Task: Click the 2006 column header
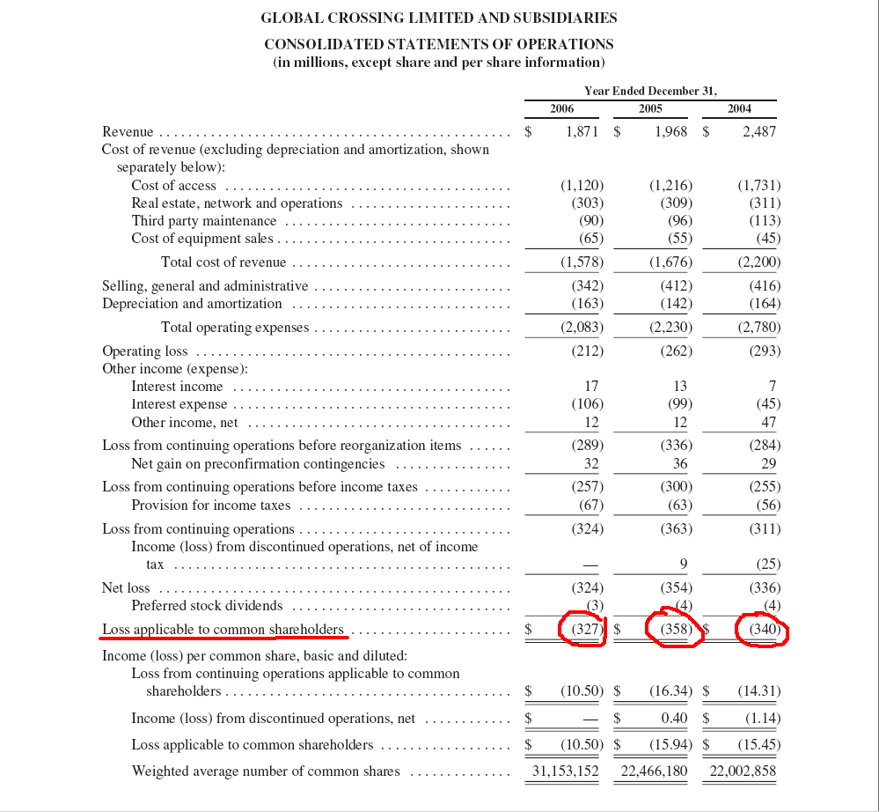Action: [561, 108]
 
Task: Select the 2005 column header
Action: [650, 108]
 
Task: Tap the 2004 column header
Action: [739, 108]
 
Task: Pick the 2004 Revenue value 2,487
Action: [759, 131]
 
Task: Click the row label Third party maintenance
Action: [203, 221]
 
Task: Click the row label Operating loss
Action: [144, 351]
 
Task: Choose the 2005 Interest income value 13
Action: [679, 386]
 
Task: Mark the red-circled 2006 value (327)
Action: [585, 630]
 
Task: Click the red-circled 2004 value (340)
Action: [762, 630]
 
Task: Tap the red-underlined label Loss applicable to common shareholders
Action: [223, 629]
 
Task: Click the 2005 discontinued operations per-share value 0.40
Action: [674, 719]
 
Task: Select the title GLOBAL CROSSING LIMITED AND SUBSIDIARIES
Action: [439, 18]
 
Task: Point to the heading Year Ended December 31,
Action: [650, 91]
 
